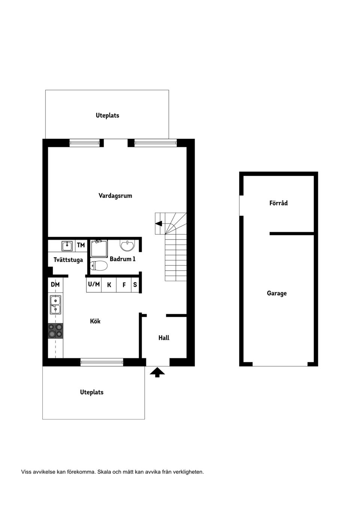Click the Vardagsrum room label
(115, 196)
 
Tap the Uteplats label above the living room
(107, 115)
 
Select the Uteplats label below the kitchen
(91, 392)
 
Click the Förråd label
(278, 203)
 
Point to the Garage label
(277, 293)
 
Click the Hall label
(164, 338)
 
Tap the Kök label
(95, 321)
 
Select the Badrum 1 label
(123, 259)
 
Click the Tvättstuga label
(68, 260)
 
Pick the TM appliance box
(81, 245)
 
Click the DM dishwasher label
(55, 284)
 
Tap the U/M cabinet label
(94, 284)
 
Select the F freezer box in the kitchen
(124, 285)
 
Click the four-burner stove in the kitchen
(55, 331)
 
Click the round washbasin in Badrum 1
(127, 246)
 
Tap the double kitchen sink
(55, 304)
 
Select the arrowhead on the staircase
(159, 224)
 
